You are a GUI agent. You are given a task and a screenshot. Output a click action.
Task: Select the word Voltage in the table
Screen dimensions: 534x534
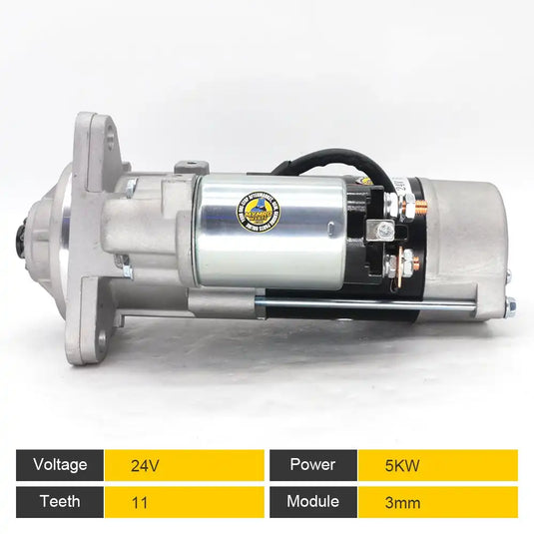(60, 464)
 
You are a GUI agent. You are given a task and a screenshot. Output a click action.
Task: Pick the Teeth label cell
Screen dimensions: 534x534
(60, 502)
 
